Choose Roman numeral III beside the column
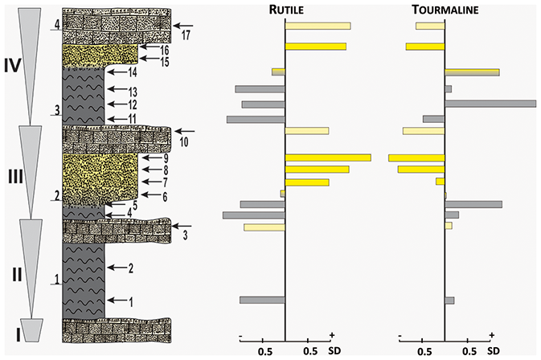tap(12, 171)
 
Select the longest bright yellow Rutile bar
tap(328, 157)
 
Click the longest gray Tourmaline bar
tap(490, 104)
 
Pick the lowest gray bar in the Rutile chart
tap(263, 300)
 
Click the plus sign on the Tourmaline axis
tap(491, 336)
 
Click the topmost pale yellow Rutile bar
tap(318, 26)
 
